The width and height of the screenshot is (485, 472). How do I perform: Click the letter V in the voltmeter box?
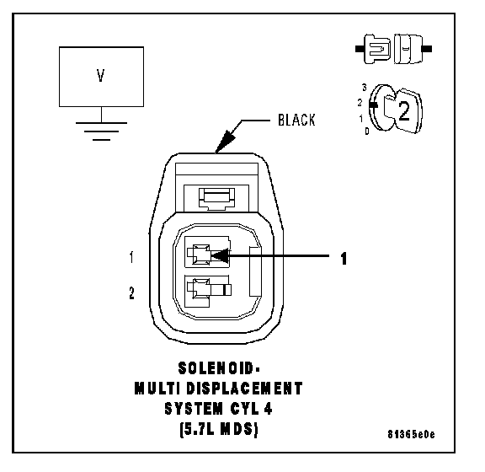[100, 75]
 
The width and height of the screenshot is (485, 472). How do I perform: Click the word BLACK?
[296, 121]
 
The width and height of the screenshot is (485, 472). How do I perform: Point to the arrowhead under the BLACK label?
[225, 142]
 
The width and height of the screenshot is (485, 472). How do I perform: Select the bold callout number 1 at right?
[344, 259]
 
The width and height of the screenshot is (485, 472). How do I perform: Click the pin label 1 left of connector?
[131, 257]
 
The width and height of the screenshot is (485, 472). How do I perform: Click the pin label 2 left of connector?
[131, 293]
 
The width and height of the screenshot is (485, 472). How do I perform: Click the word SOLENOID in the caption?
[216, 368]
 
